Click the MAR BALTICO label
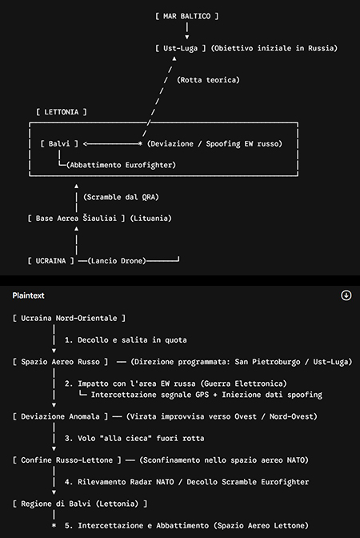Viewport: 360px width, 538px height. [x=187, y=16]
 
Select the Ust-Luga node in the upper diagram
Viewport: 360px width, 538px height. [x=180, y=48]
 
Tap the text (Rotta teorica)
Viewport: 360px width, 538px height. [x=208, y=80]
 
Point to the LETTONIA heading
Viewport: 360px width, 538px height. [x=62, y=112]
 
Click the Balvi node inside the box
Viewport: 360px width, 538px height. [x=59, y=144]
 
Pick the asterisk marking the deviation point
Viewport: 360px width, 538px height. [x=140, y=144]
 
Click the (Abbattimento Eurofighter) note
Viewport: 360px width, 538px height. [x=121, y=165]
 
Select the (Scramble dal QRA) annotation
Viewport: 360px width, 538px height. [x=121, y=197]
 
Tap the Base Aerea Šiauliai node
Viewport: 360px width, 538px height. [x=77, y=219]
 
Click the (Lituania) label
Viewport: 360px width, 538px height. [x=151, y=219]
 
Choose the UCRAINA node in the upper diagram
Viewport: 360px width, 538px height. [x=50, y=261]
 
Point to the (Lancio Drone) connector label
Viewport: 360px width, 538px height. [x=117, y=261]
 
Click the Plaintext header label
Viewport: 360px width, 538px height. [x=29, y=295]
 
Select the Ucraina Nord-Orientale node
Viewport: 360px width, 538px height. [x=69, y=318]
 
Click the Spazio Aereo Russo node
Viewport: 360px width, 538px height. [x=60, y=362]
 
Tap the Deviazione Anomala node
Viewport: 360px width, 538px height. [x=60, y=416]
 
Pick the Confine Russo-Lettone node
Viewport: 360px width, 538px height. [x=67, y=460]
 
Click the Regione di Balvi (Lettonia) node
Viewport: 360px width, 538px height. [x=80, y=504]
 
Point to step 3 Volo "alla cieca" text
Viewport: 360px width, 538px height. [x=134, y=438]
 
